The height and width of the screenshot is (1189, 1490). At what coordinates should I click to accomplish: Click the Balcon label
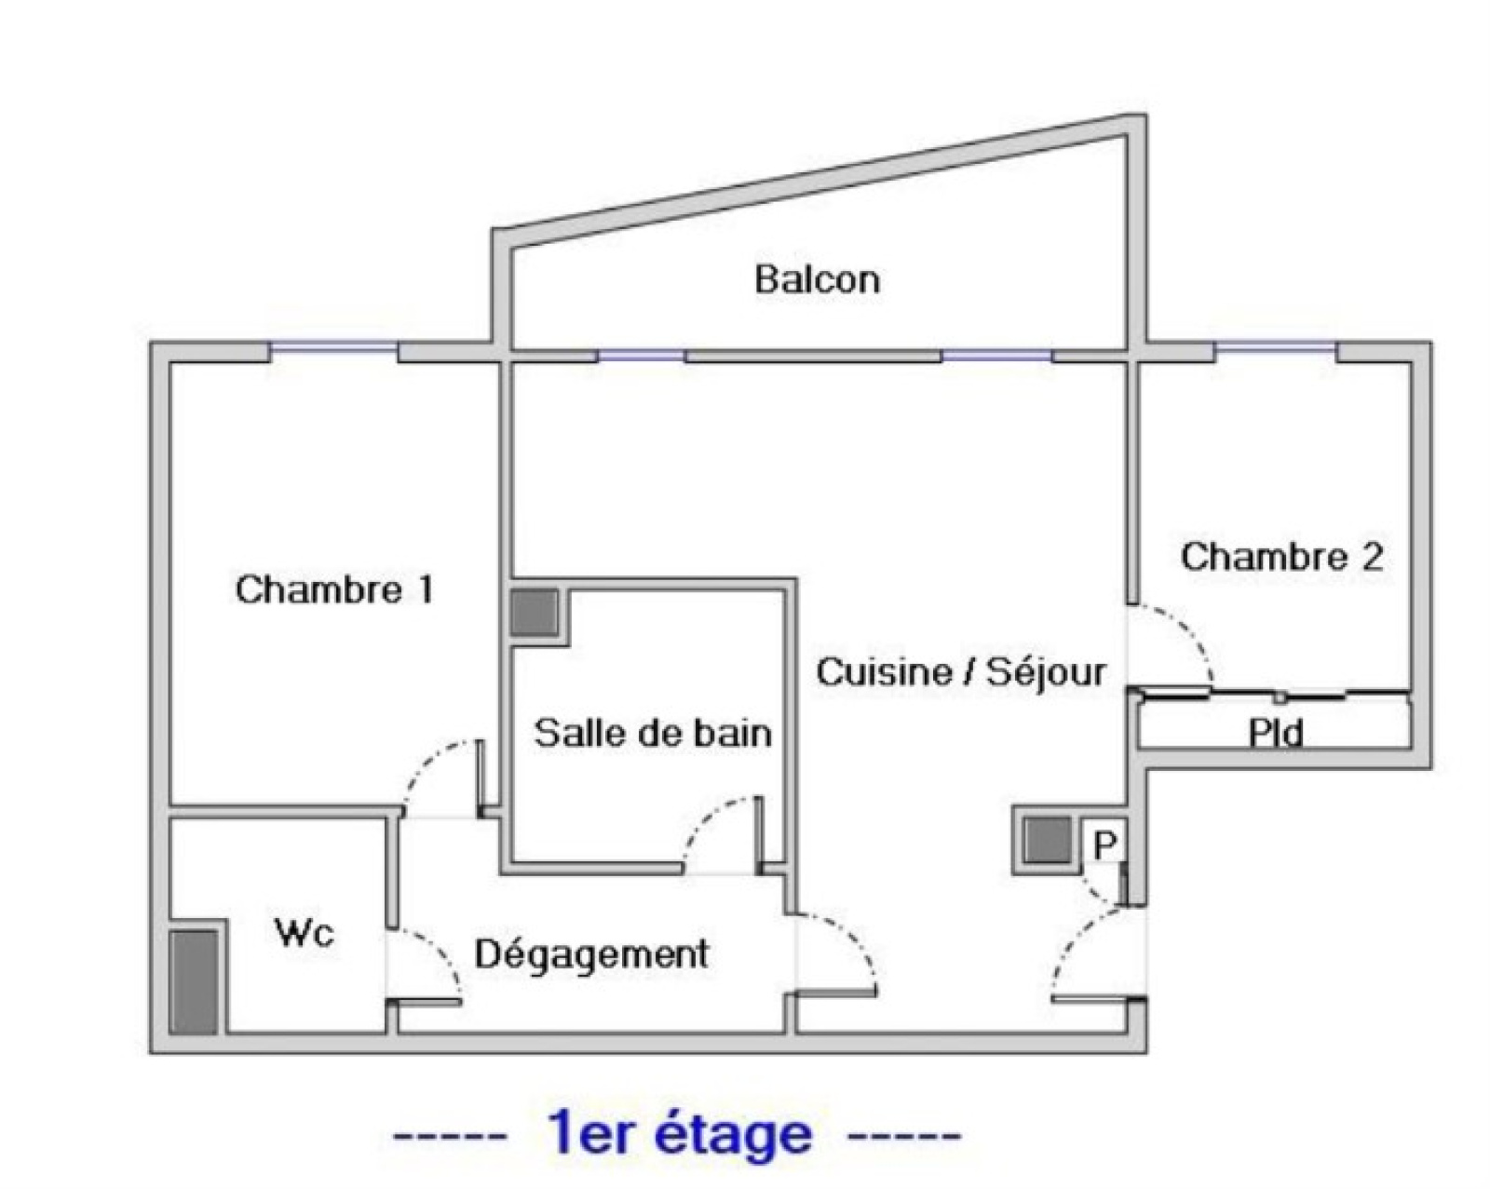(817, 279)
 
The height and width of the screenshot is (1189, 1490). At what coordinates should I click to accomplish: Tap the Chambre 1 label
(333, 590)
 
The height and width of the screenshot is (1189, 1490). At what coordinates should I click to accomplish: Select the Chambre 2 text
(1281, 557)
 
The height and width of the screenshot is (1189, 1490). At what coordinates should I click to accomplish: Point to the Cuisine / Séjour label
(961, 671)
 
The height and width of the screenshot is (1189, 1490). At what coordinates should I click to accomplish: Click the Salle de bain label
(653, 733)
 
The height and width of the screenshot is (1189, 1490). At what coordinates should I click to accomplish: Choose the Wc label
(304, 932)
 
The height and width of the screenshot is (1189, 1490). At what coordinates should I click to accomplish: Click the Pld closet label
(1276, 733)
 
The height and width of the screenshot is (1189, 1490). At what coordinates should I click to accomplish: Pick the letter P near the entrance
(1105, 844)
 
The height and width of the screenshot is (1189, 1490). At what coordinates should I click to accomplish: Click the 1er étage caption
(678, 1134)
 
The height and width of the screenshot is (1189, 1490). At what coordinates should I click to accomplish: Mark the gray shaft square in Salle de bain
(534, 612)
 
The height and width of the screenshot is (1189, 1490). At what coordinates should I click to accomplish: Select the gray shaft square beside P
(1047, 841)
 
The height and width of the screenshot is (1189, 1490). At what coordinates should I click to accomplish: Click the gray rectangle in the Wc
(195, 981)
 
